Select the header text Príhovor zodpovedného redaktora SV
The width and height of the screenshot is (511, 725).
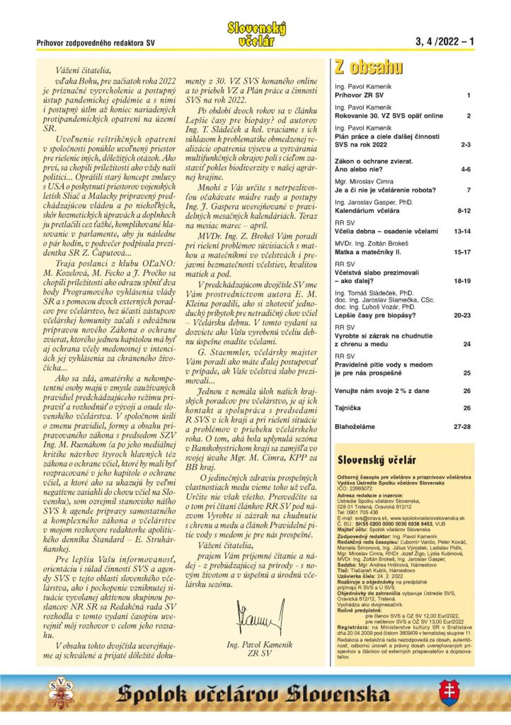96,43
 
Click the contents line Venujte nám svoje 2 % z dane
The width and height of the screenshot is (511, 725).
383,390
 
